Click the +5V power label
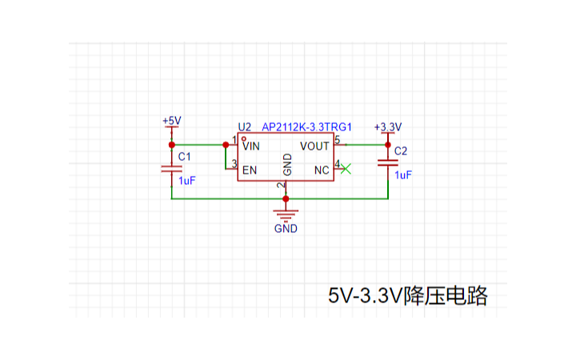pyautogui.click(x=171, y=121)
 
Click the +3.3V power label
pyautogui.click(x=388, y=127)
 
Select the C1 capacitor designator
pyautogui.click(x=184, y=156)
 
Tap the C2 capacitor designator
pyautogui.click(x=401, y=151)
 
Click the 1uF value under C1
pyautogui.click(x=186, y=181)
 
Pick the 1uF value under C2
pyautogui.click(x=403, y=174)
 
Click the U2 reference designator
pyautogui.click(x=245, y=127)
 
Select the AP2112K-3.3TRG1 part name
pyautogui.click(x=307, y=127)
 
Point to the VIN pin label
pyautogui.click(x=251, y=146)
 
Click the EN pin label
pyautogui.click(x=250, y=170)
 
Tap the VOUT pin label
pyautogui.click(x=314, y=146)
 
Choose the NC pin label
pyautogui.click(x=322, y=170)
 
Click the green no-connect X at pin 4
pyautogui.click(x=346, y=168)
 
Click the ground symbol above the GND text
pyautogui.click(x=286, y=213)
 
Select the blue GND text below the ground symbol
pyautogui.click(x=286, y=228)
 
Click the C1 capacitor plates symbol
pyautogui.click(x=171, y=169)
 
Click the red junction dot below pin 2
pyautogui.click(x=286, y=198)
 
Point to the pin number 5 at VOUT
pyautogui.click(x=337, y=141)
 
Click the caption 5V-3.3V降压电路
pyautogui.click(x=407, y=295)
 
